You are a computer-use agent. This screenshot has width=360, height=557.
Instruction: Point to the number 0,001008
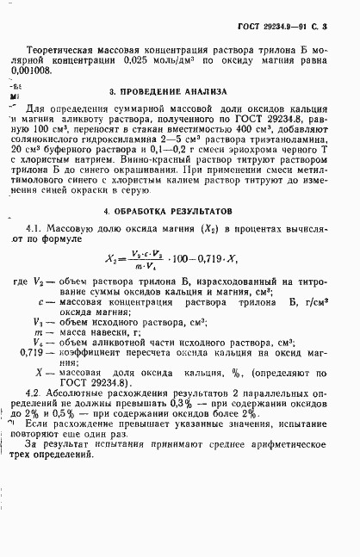[47, 72]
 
